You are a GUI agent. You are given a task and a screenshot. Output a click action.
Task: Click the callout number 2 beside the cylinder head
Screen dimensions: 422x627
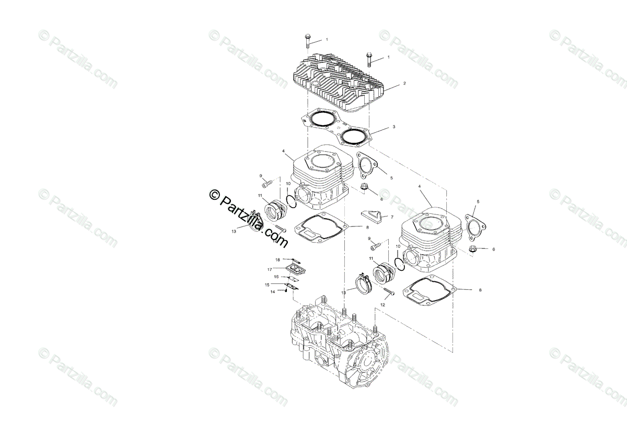pyautogui.click(x=404, y=83)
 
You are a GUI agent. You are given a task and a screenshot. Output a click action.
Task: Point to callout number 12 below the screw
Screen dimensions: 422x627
pyautogui.click(x=382, y=304)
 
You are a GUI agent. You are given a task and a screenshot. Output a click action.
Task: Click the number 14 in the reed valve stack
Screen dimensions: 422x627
pyautogui.click(x=272, y=292)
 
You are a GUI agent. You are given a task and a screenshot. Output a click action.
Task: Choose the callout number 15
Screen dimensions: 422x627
pyautogui.click(x=267, y=285)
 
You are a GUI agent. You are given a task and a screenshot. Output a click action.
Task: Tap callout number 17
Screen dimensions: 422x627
pyautogui.click(x=270, y=269)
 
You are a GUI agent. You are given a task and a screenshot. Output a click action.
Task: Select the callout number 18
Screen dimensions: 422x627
pyautogui.click(x=278, y=259)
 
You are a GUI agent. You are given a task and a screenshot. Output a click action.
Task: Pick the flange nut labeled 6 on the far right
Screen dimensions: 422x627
pyautogui.click(x=473, y=249)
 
